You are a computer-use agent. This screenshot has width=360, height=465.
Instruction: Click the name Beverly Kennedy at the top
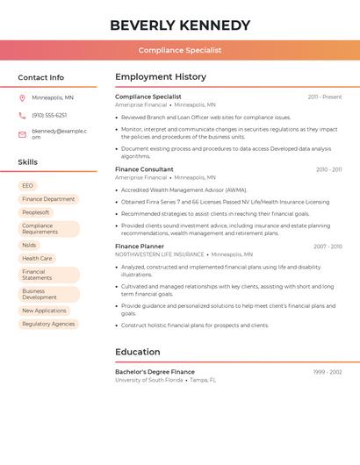(180, 25)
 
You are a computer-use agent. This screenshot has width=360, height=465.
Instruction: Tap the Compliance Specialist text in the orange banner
(180, 50)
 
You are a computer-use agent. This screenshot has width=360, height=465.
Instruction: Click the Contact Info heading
(41, 77)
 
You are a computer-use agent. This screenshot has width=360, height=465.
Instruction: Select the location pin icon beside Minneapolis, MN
(22, 97)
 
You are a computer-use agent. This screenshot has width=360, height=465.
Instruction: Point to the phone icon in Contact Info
(22, 116)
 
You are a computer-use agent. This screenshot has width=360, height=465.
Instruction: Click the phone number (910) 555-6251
(49, 116)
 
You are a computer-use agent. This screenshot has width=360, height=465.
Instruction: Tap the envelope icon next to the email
(22, 134)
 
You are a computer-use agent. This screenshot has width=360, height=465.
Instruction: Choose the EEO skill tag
(28, 186)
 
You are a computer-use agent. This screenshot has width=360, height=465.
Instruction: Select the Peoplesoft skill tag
(36, 212)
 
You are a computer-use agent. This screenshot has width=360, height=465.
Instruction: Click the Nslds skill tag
(29, 245)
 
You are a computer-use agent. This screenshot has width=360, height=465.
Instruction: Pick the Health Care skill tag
(37, 258)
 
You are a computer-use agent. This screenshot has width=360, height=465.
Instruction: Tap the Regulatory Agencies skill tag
(48, 324)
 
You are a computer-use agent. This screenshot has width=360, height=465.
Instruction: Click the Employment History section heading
(161, 77)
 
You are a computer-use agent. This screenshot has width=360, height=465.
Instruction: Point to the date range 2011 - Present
(325, 97)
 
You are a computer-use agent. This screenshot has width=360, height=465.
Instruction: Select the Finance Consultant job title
(144, 168)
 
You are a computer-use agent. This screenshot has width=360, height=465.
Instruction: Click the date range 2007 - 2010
(328, 247)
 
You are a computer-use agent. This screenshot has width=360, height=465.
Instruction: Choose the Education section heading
(138, 352)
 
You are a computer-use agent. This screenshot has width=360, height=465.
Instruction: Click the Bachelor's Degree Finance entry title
(155, 372)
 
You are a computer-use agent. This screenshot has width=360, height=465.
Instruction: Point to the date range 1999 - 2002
(328, 372)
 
